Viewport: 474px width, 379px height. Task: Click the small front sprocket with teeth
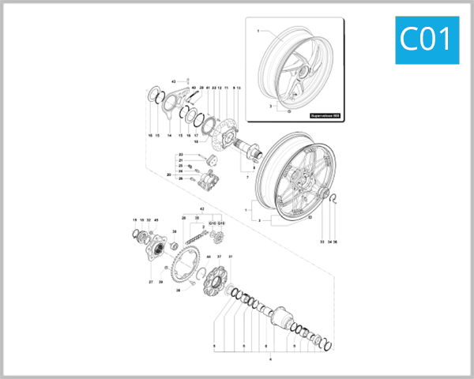[x=219, y=236]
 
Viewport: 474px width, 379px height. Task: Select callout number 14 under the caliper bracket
[x=169, y=136]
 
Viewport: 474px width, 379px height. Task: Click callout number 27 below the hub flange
[x=149, y=281]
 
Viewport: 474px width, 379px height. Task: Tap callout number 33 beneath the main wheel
[x=322, y=241]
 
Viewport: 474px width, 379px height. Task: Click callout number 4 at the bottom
[x=271, y=359]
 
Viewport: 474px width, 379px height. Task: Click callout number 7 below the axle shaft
[x=247, y=178]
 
